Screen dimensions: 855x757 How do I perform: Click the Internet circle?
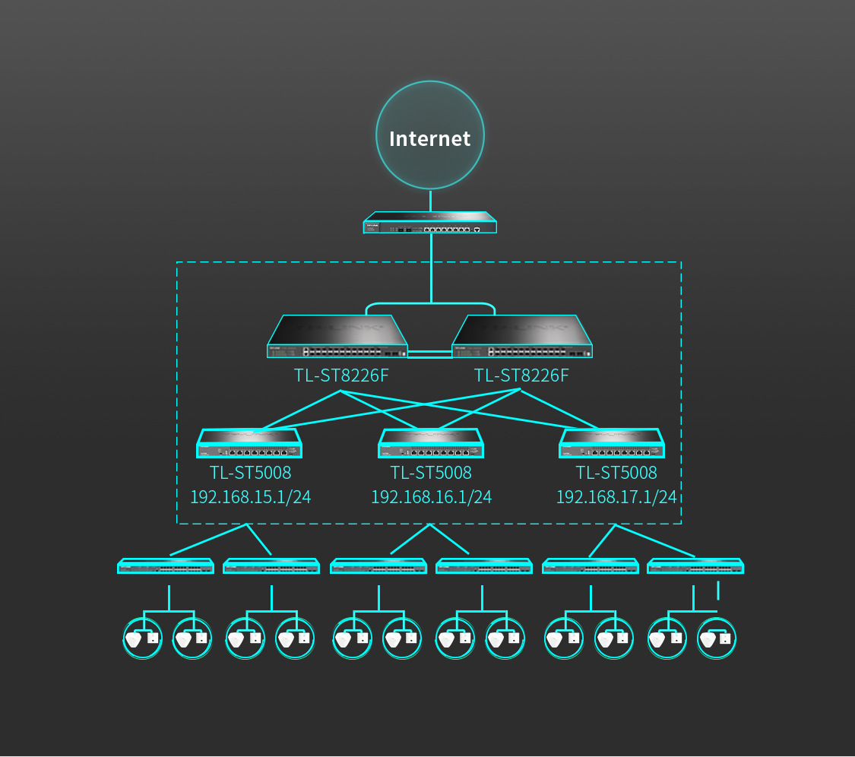pyautogui.click(x=430, y=135)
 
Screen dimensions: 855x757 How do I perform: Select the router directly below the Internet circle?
pyautogui.click(x=430, y=223)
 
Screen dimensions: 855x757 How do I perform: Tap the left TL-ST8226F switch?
pyautogui.click(x=337, y=337)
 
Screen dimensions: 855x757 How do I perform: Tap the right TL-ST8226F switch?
pyautogui.click(x=522, y=337)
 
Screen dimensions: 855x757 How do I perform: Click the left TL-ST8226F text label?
pyautogui.click(x=341, y=375)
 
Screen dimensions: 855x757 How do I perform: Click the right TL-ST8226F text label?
pyautogui.click(x=521, y=375)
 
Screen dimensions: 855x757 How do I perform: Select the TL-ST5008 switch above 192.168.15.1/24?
pyautogui.click(x=249, y=443)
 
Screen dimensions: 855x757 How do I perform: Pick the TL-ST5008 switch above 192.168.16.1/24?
pyautogui.click(x=431, y=443)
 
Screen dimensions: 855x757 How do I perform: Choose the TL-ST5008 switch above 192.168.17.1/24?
pyautogui.click(x=612, y=443)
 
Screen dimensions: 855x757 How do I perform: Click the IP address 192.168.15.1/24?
pyautogui.click(x=250, y=497)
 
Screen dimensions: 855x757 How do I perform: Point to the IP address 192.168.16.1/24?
pyautogui.click(x=432, y=497)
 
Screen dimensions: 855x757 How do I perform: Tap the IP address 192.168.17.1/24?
pyautogui.click(x=616, y=497)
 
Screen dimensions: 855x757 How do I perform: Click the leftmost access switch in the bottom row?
pyautogui.click(x=166, y=566)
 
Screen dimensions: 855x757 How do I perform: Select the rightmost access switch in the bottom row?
pyautogui.click(x=695, y=566)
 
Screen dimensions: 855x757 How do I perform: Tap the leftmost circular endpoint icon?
pyautogui.click(x=143, y=638)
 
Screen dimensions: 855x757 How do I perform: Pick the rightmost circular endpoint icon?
pyautogui.click(x=717, y=638)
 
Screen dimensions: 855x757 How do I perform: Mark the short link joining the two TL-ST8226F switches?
pyautogui.click(x=429, y=354)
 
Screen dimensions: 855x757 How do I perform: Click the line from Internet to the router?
pyautogui.click(x=430, y=201)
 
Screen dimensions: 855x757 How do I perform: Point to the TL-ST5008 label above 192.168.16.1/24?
pyautogui.click(x=431, y=472)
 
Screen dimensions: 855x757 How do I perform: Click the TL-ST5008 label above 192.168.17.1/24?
pyautogui.click(x=616, y=472)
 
